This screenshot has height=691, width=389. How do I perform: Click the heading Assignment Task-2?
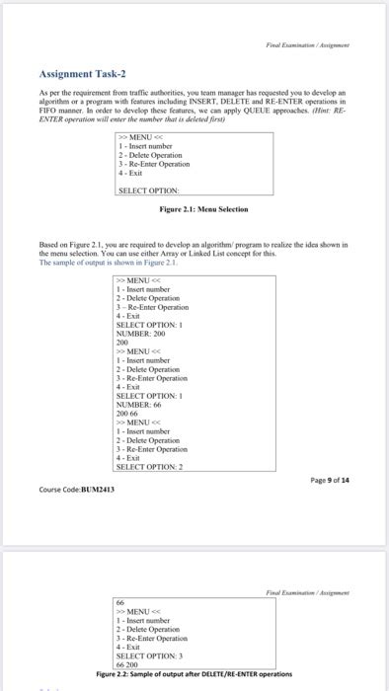pos(82,73)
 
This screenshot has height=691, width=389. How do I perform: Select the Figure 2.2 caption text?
pos(194,673)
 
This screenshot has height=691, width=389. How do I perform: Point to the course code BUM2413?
pos(77,488)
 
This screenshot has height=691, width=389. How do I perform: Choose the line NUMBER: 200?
pos(138,334)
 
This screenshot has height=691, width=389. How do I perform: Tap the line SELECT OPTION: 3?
pos(148,655)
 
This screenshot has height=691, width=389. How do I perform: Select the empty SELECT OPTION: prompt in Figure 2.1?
pos(148,190)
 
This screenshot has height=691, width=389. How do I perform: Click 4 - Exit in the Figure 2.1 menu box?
pos(130,173)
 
